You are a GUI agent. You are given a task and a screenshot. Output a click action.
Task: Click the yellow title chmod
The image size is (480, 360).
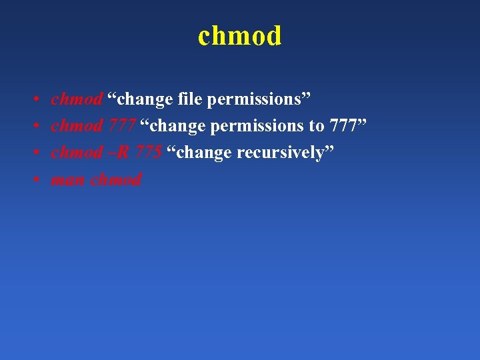[x=240, y=36]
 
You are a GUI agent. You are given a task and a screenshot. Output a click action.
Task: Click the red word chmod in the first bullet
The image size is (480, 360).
[x=77, y=99]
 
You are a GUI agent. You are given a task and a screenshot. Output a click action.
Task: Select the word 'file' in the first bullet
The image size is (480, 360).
[x=191, y=99]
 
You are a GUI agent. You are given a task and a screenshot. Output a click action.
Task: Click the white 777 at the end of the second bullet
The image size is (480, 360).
[x=347, y=126]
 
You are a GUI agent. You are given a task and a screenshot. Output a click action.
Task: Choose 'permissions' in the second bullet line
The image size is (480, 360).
[x=260, y=126]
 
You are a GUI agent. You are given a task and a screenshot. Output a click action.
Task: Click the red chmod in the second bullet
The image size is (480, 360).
[x=77, y=126]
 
